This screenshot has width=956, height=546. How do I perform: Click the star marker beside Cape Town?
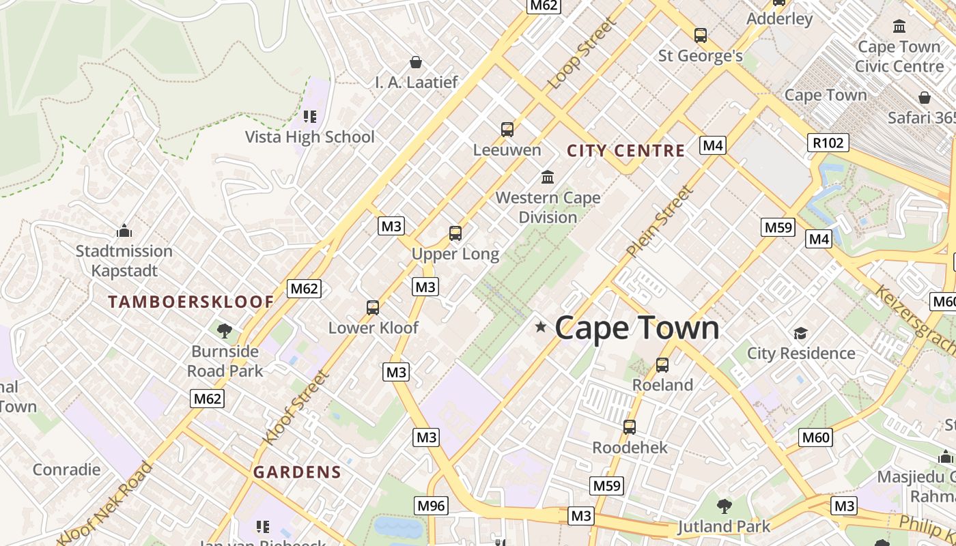coord(541,328)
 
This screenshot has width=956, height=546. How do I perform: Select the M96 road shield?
coord(431,506)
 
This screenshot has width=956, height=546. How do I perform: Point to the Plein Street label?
coord(660,222)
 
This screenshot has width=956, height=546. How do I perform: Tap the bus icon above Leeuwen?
coord(507,130)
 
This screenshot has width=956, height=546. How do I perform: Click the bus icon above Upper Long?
coord(455,233)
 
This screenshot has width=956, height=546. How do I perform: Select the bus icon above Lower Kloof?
coord(373,308)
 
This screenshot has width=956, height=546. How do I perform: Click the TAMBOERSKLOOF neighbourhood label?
coord(191,302)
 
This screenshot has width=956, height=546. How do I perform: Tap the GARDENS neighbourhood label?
coord(297,472)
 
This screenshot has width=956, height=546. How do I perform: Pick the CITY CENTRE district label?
coord(625,151)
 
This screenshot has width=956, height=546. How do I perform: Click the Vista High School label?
coord(310,136)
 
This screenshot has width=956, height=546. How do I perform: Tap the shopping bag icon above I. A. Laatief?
coord(416,63)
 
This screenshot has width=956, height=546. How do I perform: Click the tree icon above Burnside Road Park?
coord(225,332)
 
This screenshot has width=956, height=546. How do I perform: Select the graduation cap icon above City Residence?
coord(800,333)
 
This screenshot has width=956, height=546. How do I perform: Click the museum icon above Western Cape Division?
coord(548,177)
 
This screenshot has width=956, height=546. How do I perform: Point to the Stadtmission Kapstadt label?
coord(124,261)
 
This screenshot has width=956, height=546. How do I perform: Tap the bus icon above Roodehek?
coord(630,427)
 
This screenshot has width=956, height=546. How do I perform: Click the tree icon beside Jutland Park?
coord(725,506)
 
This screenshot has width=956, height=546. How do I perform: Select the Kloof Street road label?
coord(296,407)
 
